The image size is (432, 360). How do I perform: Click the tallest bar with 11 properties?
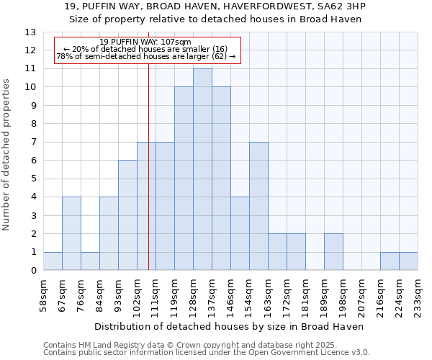pos(202,169)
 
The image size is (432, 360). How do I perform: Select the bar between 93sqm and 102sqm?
pos(127,215)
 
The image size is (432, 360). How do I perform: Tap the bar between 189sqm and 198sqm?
pos(333,252)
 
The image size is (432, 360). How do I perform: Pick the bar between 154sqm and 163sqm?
pos(258,206)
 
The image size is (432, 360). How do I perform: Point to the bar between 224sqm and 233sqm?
pos(408,261)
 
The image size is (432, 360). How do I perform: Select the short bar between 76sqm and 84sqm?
pos(90,261)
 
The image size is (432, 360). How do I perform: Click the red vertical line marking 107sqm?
pos(148,180)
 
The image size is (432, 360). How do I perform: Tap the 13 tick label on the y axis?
pos(30,32)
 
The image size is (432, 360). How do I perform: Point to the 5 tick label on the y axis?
pos(32,179)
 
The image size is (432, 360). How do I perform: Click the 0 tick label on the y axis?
pos(32,271)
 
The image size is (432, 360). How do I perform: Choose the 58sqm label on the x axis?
pos(43,293)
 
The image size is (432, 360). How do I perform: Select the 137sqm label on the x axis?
pos(212,293)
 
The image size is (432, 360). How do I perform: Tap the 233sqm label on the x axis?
pos(418,293)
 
